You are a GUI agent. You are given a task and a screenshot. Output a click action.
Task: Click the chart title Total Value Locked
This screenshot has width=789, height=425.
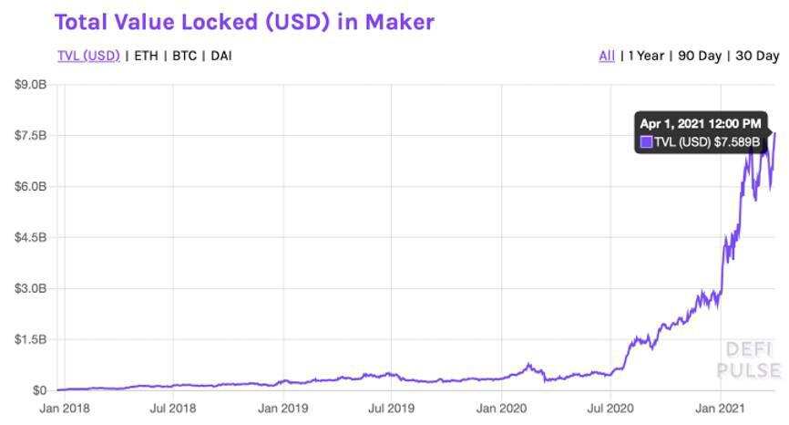click(x=245, y=21)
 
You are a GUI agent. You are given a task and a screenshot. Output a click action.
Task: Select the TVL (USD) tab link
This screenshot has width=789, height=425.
click(x=88, y=56)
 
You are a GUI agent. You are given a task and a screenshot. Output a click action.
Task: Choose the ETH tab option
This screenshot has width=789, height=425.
click(x=146, y=56)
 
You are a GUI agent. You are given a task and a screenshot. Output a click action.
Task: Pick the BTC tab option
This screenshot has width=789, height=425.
click(x=185, y=56)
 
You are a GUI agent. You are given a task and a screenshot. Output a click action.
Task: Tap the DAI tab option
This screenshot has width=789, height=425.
click(x=221, y=56)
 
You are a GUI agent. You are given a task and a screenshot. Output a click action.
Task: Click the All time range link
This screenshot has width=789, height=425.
click(x=607, y=56)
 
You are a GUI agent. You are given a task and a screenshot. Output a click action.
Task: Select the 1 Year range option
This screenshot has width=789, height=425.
click(x=646, y=56)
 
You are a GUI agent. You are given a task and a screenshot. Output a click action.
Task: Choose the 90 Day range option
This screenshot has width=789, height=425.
click(x=700, y=56)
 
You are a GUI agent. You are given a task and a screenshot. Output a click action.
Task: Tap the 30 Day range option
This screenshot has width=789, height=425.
click(x=756, y=56)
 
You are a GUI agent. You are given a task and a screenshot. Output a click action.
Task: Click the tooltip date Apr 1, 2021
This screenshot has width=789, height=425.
click(x=700, y=123)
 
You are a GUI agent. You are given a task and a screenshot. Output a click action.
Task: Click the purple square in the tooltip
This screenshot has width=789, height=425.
click(x=647, y=141)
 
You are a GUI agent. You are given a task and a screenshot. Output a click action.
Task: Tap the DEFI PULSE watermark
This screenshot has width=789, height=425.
click(x=748, y=359)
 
